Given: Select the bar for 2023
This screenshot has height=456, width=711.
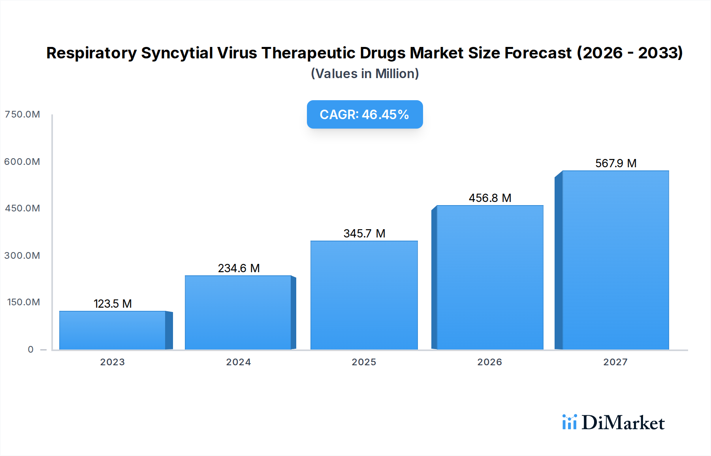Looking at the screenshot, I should tap(113, 331).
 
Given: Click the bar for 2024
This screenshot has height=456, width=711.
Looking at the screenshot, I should tap(238, 313).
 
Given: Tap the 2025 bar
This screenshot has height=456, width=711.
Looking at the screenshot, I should tap(364, 295).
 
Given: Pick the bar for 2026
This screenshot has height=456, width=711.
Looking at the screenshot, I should tap(490, 277).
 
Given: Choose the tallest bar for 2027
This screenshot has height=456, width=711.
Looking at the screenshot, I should tap(615, 260).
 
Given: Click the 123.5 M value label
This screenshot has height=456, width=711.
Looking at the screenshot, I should tap(113, 304).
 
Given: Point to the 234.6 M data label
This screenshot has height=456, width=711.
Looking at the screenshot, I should tap(239, 268).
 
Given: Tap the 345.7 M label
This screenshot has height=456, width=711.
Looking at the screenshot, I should tap(364, 234).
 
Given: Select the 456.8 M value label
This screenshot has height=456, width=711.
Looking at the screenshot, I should tap(490, 198).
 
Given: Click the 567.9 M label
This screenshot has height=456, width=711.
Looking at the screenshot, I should tap(615, 163).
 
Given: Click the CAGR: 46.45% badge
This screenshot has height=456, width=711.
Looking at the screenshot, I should tap(365, 114).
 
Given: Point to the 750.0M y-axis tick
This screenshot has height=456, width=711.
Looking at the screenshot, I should tap(23, 114).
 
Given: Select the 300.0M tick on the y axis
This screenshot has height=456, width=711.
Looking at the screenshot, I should tap(23, 256).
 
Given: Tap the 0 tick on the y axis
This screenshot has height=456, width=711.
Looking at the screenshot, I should tap(31, 349).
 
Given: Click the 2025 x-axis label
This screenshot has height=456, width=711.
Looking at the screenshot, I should tap(364, 362).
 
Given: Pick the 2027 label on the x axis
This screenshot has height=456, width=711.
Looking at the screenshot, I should tap(615, 362).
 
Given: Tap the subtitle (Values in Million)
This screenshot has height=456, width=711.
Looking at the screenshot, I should tap(365, 74).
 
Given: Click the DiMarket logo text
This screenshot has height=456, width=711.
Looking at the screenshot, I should tap(623, 423).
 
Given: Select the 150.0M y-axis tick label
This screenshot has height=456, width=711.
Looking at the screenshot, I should tap(24, 302).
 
